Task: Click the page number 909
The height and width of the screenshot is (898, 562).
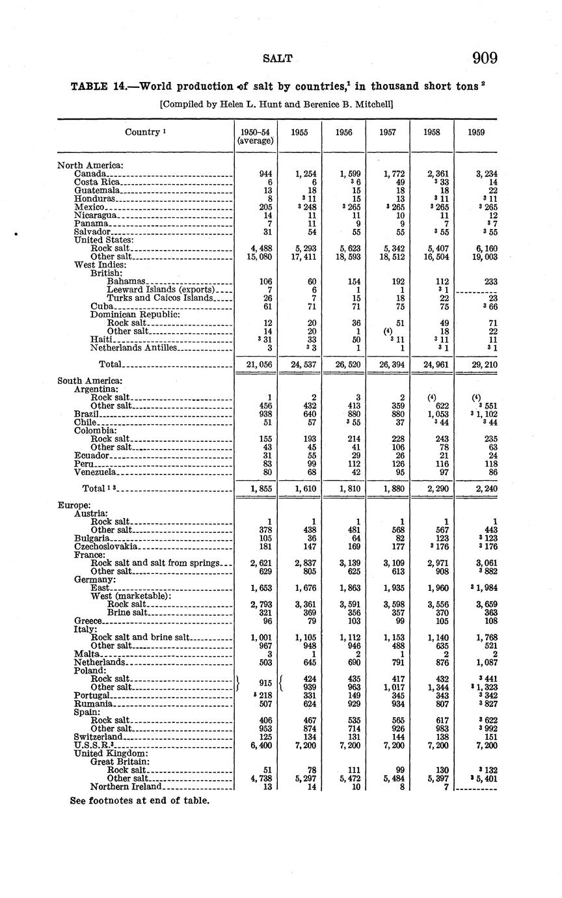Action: (x=485, y=58)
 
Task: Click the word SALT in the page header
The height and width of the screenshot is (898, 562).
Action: (x=278, y=59)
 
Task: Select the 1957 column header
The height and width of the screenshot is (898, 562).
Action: (x=388, y=132)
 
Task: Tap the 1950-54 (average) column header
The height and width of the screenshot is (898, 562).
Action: (x=255, y=136)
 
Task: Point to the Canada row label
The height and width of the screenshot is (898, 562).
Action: (x=90, y=174)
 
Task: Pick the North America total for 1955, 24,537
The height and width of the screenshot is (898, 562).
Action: (x=299, y=364)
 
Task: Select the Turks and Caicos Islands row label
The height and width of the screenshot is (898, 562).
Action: (x=160, y=298)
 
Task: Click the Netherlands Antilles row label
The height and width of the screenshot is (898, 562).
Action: (x=133, y=347)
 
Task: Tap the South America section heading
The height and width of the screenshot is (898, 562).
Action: (x=90, y=380)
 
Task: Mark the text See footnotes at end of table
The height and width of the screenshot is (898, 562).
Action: (x=140, y=800)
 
